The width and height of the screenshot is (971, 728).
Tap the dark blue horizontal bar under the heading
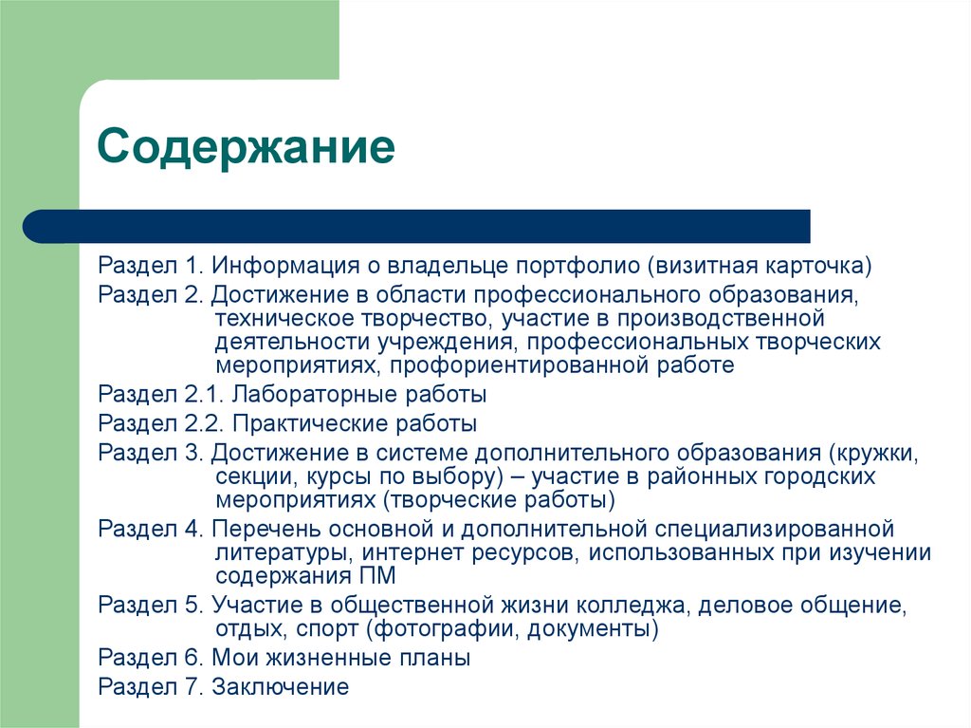pyautogui.click(x=417, y=226)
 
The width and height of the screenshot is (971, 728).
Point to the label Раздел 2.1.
pyautogui.click(x=160, y=394)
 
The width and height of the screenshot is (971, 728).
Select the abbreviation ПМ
pyautogui.click(x=375, y=576)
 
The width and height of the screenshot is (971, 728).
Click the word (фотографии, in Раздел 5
pyautogui.click(x=450, y=628)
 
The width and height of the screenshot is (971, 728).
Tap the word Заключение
pyautogui.click(x=281, y=687)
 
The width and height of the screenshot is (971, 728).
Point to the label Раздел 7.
pyautogui.click(x=151, y=687)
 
